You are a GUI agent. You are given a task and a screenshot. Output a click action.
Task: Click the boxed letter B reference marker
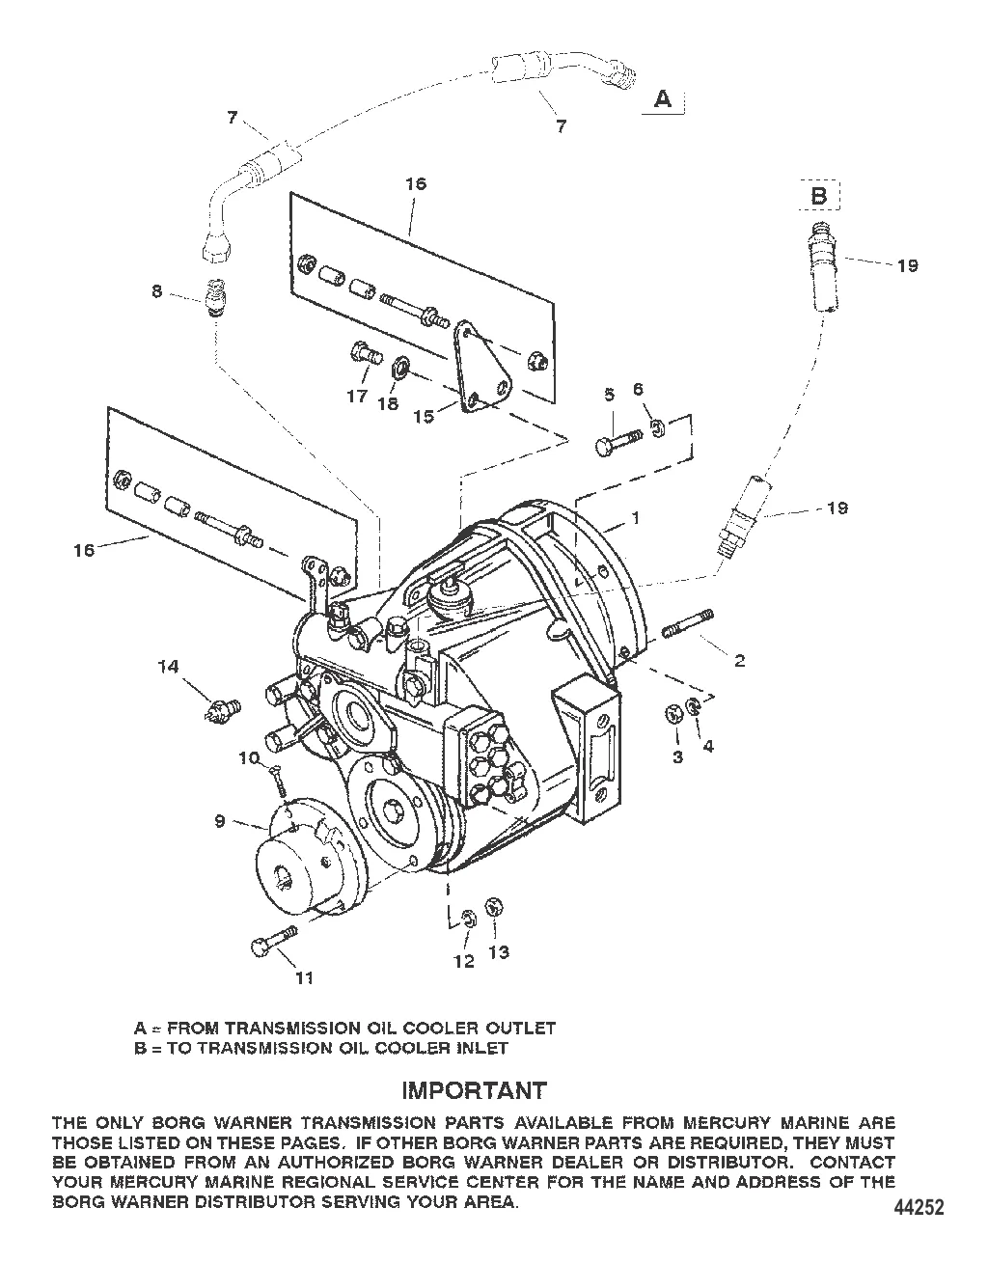click(818, 196)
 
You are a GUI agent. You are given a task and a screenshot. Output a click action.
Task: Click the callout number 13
click(498, 952)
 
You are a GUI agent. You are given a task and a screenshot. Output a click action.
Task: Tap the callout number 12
click(464, 961)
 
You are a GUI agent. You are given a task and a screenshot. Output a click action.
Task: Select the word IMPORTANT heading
click(473, 1090)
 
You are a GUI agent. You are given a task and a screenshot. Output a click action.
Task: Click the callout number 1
click(635, 517)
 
